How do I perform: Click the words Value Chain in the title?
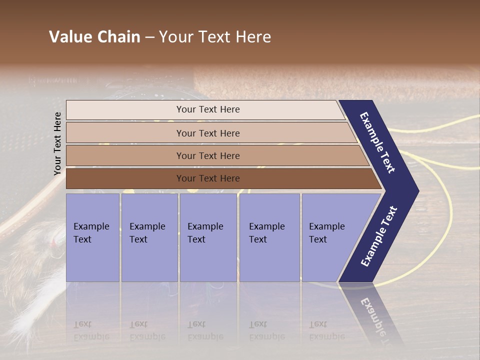[94, 37]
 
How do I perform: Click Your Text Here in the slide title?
[215, 37]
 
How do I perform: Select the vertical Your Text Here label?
[57, 144]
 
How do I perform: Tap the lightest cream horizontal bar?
[207, 109]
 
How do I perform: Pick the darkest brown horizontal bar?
[207, 178]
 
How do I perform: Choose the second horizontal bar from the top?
[207, 133]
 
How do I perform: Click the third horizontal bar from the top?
[207, 155]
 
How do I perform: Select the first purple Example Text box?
[92, 237]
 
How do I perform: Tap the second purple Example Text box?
[149, 237]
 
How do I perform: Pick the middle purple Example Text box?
[207, 237]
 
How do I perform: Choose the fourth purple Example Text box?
[269, 237]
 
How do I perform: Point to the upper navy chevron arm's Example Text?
[377, 142]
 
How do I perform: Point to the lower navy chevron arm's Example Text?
[378, 236]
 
